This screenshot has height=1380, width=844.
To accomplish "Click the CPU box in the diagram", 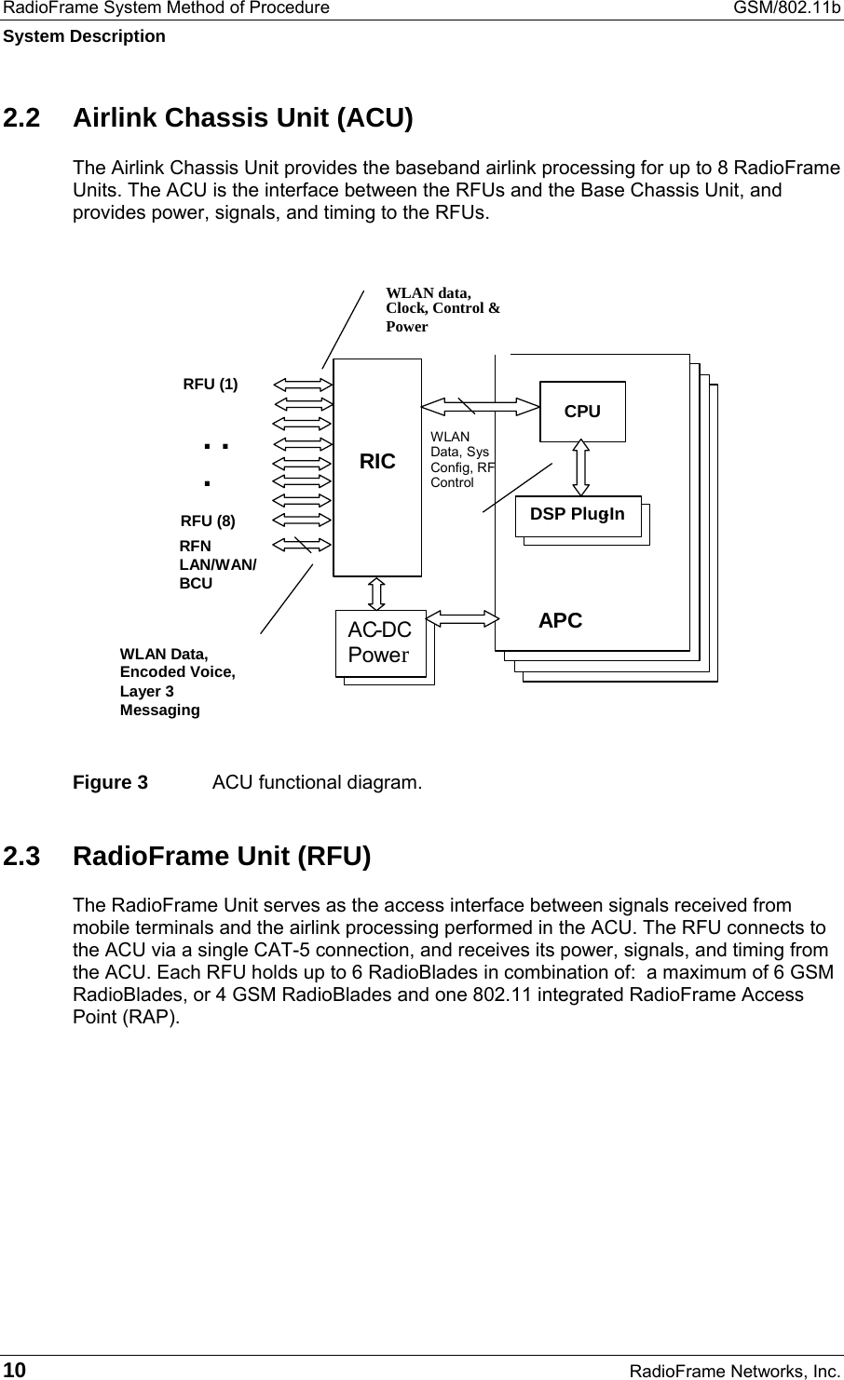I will (x=582, y=411).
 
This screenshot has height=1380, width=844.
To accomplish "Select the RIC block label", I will (x=377, y=461).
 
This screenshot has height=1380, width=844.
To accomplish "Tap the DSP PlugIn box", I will (x=578, y=515).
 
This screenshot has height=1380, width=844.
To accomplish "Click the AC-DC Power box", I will (x=380, y=643).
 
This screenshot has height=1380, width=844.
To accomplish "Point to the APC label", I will (x=560, y=621).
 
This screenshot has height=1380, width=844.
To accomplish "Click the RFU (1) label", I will (x=210, y=384).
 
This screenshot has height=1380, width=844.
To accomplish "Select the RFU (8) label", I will (x=208, y=521).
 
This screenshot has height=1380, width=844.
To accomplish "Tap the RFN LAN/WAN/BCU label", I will (x=217, y=564).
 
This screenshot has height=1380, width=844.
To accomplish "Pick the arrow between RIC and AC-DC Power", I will (x=376, y=592).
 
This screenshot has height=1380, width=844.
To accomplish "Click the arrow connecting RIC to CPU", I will (x=481, y=405).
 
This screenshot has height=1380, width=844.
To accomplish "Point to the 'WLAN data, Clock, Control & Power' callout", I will (x=442, y=310).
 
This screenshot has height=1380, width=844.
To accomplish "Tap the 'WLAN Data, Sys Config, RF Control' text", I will (x=462, y=459).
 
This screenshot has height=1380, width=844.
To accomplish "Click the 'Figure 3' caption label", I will (x=110, y=782).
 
